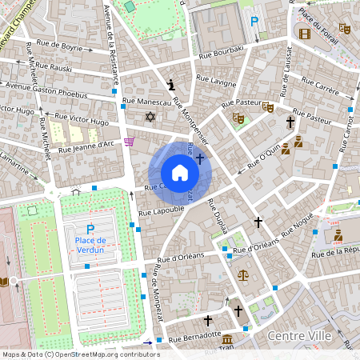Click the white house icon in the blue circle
click(180, 173)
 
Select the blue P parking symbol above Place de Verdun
click(90, 229)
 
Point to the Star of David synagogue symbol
click(149, 118)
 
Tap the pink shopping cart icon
click(129, 142)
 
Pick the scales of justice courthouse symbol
click(243, 274)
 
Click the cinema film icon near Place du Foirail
click(304, 33)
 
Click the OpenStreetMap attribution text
click(80, 354)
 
